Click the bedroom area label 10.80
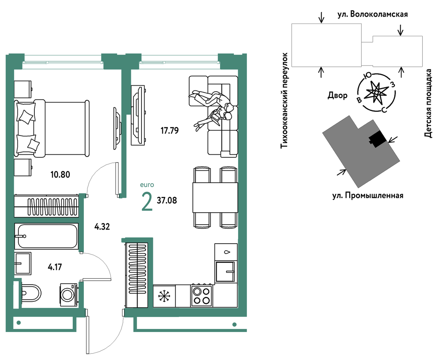pyautogui.click(x=60, y=174)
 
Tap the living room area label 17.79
pyautogui.click(x=170, y=130)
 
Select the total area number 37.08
pyautogui.click(x=167, y=201)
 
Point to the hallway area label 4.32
pyautogui.click(x=102, y=227)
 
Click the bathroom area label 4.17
pyautogui.click(x=55, y=267)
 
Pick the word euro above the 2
pyautogui.click(x=147, y=185)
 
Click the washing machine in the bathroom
pyautogui.click(x=69, y=295)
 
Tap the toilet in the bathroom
pyautogui.click(x=31, y=294)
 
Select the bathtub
pyautogui.click(x=46, y=236)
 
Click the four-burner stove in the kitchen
pyautogui.click(x=201, y=296)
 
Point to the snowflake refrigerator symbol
pyautogui.click(x=164, y=296)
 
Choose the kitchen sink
pyautogui.click(x=225, y=272)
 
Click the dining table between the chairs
pyautogui.click(x=215, y=198)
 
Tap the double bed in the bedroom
pyautogui.click(x=52, y=128)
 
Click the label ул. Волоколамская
pyautogui.click(x=373, y=14)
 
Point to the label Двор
pyautogui.click(x=338, y=95)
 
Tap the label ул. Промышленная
pyautogui.click(x=368, y=196)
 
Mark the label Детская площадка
pyautogui.click(x=428, y=103)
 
